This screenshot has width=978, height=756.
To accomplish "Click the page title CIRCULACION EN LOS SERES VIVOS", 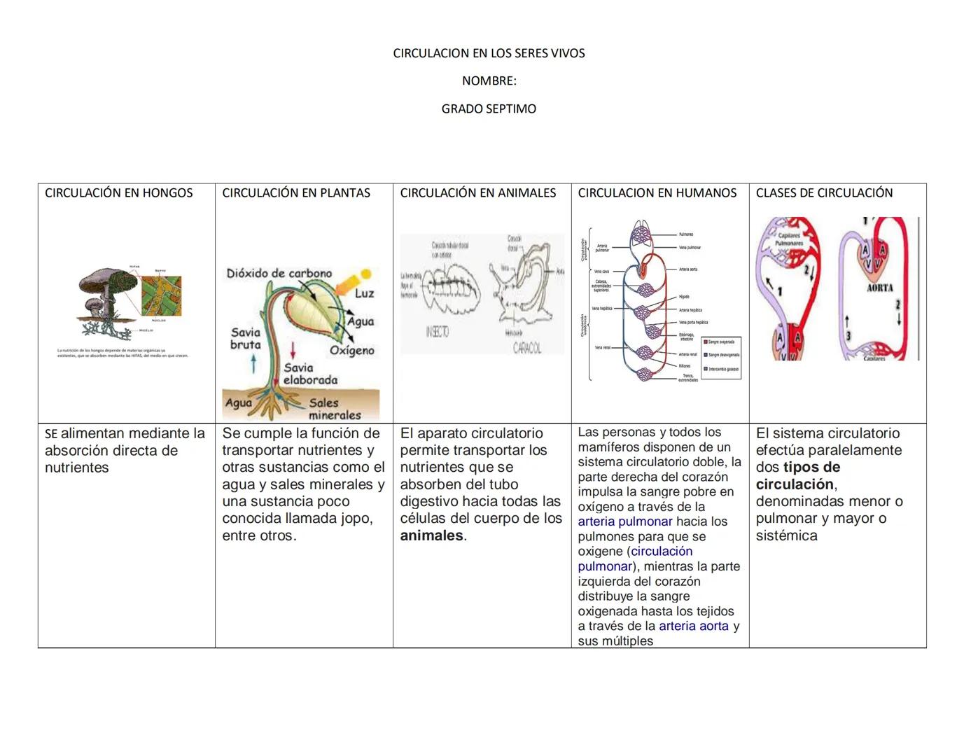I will tap(489, 53).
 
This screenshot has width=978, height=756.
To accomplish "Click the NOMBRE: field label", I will tap(489, 81).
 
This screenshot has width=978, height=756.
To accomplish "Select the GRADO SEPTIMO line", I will tap(489, 109).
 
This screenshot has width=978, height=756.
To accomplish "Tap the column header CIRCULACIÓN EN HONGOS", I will tap(119, 193).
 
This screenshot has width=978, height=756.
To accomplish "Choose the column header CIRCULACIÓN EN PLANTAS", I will tap(296, 193).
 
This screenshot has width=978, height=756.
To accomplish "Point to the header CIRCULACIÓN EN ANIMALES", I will tap(478, 193).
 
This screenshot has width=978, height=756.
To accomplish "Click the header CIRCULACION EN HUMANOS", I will tap(657, 193).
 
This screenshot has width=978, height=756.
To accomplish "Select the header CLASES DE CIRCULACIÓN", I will tap(824, 193).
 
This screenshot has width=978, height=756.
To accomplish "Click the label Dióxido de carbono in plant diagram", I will tap(279, 274).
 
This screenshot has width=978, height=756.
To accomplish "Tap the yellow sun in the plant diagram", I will tap(365, 274).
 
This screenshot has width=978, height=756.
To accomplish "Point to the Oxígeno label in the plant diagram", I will tap(352, 351).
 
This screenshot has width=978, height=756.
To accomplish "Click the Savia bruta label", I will tap(245, 339).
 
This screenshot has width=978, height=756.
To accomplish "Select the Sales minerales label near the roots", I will tap(334, 409).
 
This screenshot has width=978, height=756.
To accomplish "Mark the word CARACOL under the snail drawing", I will tap(526, 348).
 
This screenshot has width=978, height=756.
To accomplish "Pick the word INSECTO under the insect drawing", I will tap(437, 332).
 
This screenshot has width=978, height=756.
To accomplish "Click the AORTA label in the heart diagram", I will tap(879, 288).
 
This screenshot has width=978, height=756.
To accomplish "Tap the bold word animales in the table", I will tap(431, 536).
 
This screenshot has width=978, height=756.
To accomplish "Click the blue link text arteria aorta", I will tap(693, 626).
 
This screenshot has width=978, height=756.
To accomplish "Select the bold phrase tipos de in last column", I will tap(811, 468).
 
